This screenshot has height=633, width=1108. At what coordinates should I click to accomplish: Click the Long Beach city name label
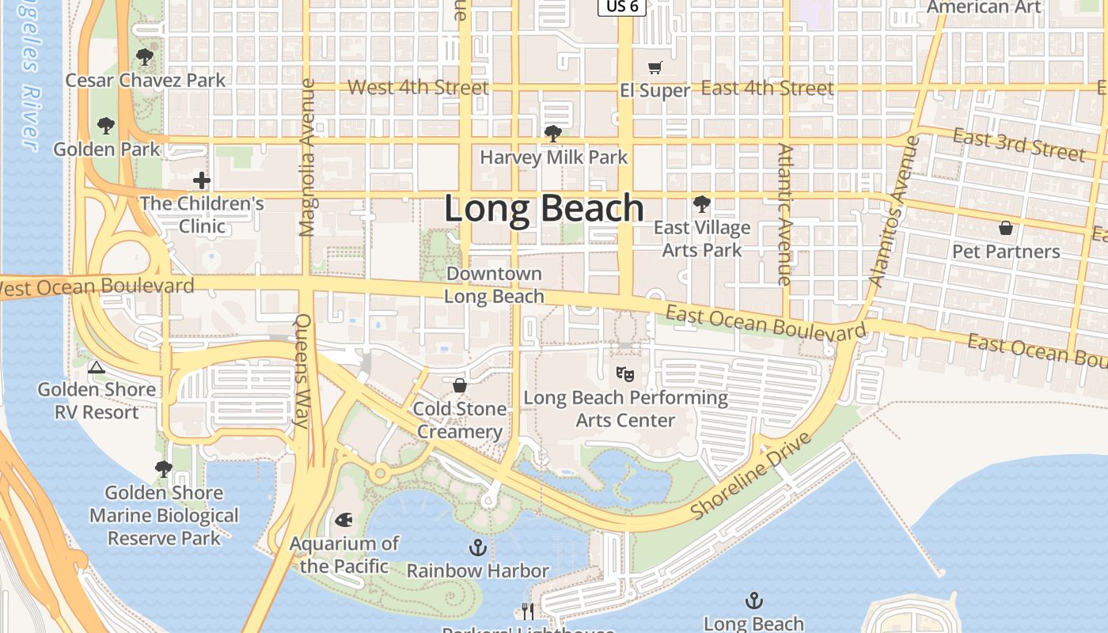544,208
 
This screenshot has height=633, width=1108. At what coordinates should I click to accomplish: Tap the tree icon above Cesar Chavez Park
144,57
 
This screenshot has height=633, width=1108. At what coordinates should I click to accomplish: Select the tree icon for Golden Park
105,126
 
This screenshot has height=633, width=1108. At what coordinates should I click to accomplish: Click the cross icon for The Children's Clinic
202,180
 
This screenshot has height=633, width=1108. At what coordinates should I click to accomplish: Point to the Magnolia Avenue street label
308,157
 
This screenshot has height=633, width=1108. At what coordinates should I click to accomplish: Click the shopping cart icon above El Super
655,68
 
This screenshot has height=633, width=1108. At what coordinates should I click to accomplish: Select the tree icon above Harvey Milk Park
553,134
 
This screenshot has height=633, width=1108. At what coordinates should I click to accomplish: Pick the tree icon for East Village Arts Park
701,204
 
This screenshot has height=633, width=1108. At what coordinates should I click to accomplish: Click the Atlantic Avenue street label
784,214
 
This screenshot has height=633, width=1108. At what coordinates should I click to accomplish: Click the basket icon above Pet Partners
1006,229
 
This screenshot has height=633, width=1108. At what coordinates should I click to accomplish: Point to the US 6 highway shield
621,6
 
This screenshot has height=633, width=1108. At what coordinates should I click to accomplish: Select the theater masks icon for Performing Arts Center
625,373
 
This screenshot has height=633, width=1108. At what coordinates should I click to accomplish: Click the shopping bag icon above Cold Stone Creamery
460,385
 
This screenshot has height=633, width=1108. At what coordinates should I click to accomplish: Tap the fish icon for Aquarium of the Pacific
343,520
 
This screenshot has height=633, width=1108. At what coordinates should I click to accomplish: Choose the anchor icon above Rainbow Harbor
477,547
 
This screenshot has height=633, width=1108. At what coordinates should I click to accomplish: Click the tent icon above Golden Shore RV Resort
96,366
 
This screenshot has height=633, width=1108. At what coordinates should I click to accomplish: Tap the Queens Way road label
302,370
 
